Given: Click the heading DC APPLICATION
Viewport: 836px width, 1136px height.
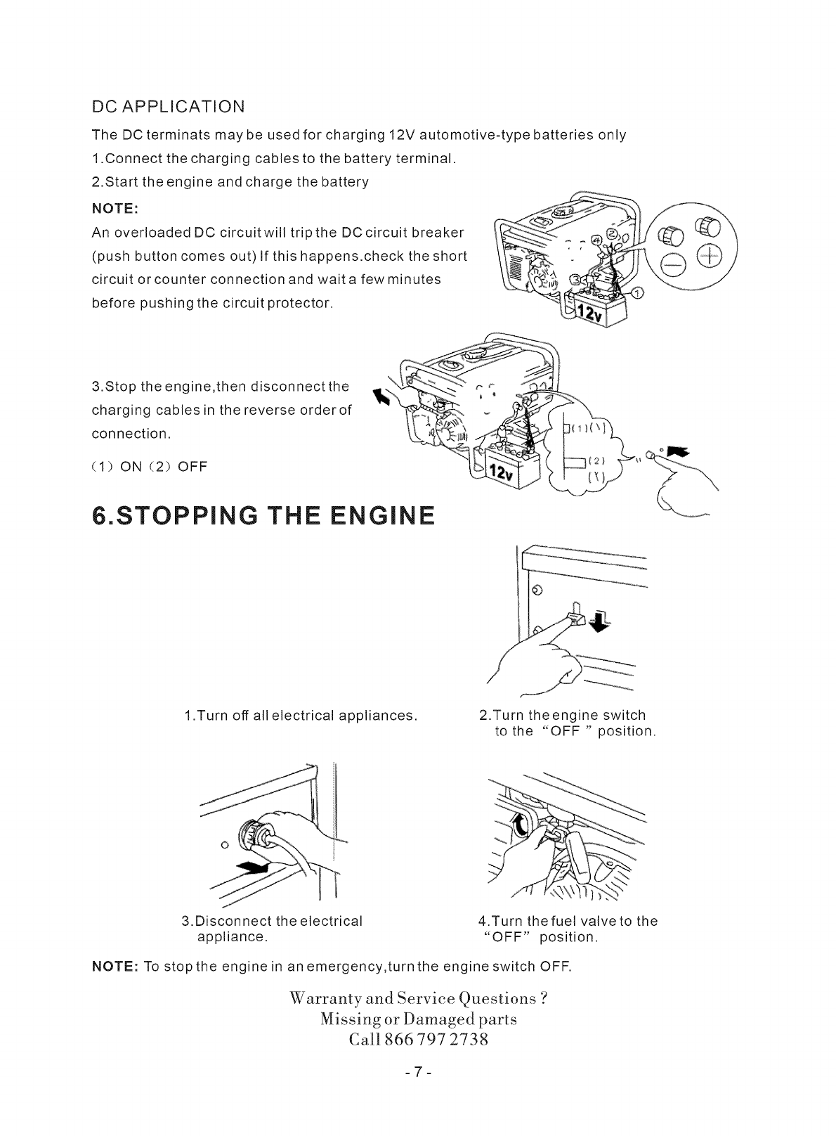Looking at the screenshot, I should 169,107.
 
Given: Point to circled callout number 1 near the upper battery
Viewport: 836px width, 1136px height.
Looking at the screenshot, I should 637,295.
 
